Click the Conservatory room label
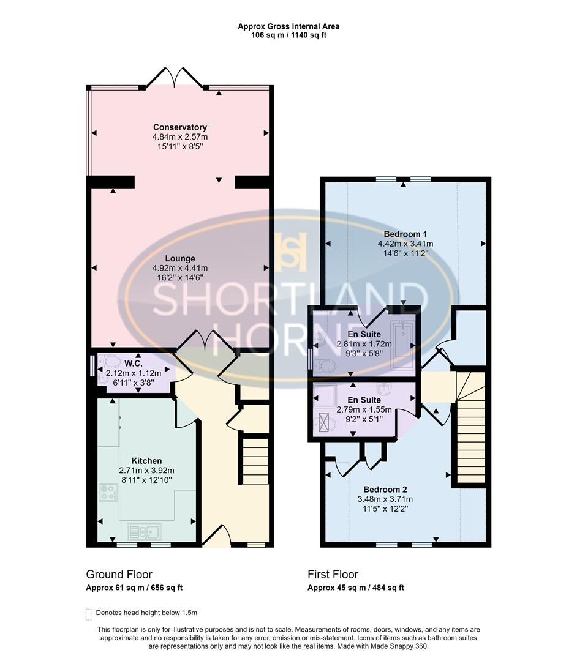179,127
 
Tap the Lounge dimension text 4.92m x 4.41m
179,268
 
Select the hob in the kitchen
108,492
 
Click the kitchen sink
144,531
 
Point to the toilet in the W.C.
111,361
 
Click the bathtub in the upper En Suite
402,340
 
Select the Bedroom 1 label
405,234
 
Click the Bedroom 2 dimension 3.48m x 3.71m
385,499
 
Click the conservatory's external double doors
176,78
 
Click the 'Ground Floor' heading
119,574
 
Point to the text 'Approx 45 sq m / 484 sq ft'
356,588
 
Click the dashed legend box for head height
89,613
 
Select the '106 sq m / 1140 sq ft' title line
288,35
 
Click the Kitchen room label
146,461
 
